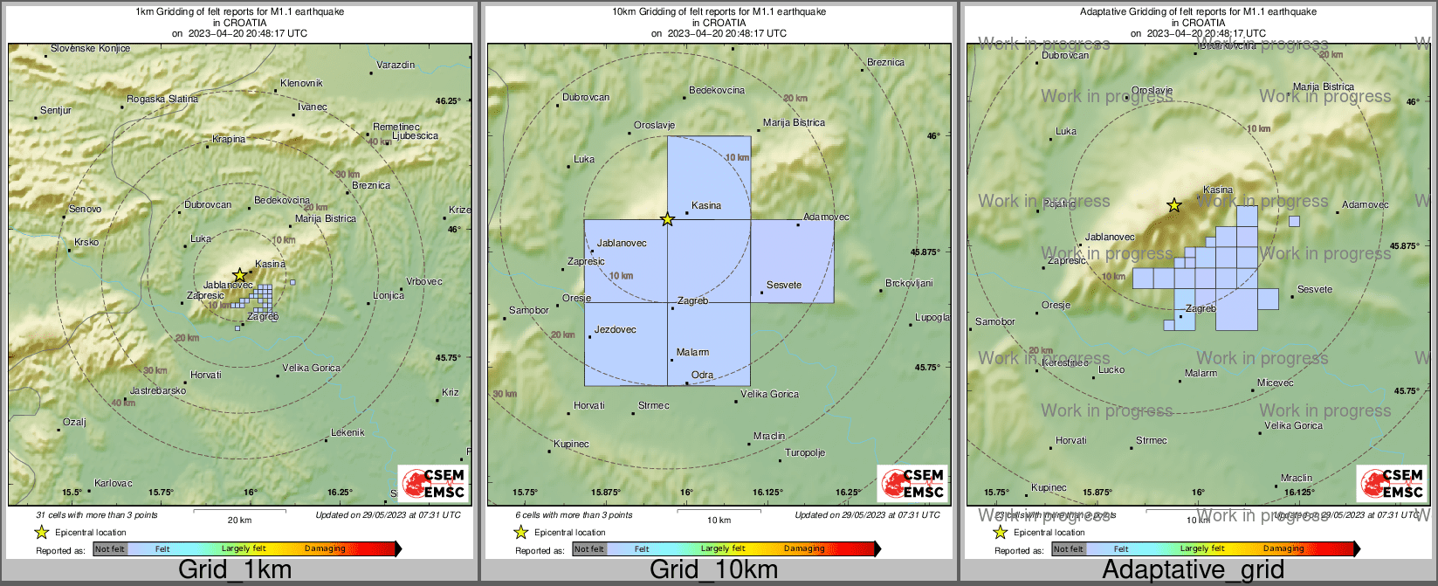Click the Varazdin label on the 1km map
coord(396,65)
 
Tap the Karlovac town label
coord(114,483)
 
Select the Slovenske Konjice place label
coord(90,49)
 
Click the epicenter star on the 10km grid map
coord(667,219)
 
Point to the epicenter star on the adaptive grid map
coord(1174,206)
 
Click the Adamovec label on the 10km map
coord(826,217)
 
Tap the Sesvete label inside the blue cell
coord(784,286)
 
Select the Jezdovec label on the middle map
coord(615,330)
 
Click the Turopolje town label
coord(805,453)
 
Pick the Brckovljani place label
coord(909,284)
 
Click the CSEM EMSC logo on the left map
coord(433,483)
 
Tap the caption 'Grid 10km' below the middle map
coord(713,570)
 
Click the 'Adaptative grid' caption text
coord(1193,570)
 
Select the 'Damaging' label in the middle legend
coord(804,549)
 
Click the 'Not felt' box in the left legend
coord(110,549)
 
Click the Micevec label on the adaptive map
coord(1276,383)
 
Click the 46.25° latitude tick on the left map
coord(449,100)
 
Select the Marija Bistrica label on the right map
coord(1324,87)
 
